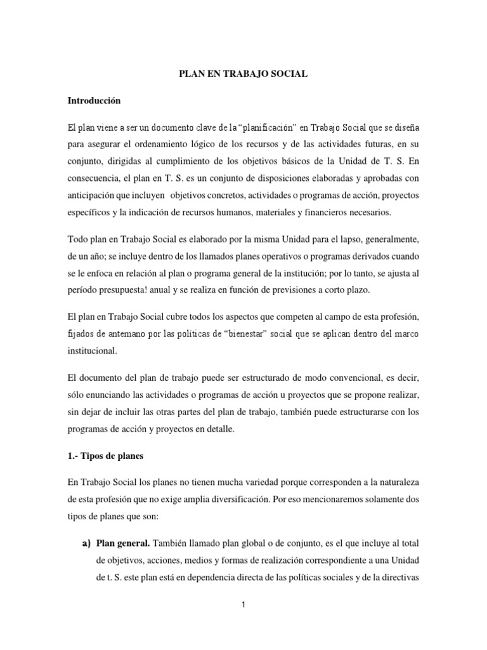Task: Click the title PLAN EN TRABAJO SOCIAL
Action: click(x=243, y=74)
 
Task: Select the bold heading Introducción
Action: click(x=93, y=101)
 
